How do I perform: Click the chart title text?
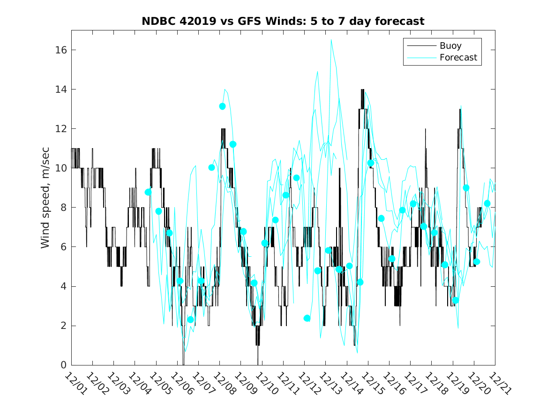tap(283, 21)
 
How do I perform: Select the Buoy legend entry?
tap(450, 46)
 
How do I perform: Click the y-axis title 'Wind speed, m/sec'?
tap(45, 198)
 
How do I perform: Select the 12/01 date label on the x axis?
tap(75, 384)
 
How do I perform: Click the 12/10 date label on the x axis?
tap(266, 384)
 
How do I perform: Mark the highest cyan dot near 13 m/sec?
tap(222, 106)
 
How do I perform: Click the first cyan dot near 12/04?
tap(148, 192)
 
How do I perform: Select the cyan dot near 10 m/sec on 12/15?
tap(371, 163)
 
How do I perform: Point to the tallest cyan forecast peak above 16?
tap(331, 40)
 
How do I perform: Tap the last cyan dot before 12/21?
tap(487, 203)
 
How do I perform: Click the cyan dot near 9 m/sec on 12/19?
tap(466, 188)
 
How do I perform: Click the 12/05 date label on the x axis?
tap(160, 384)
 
